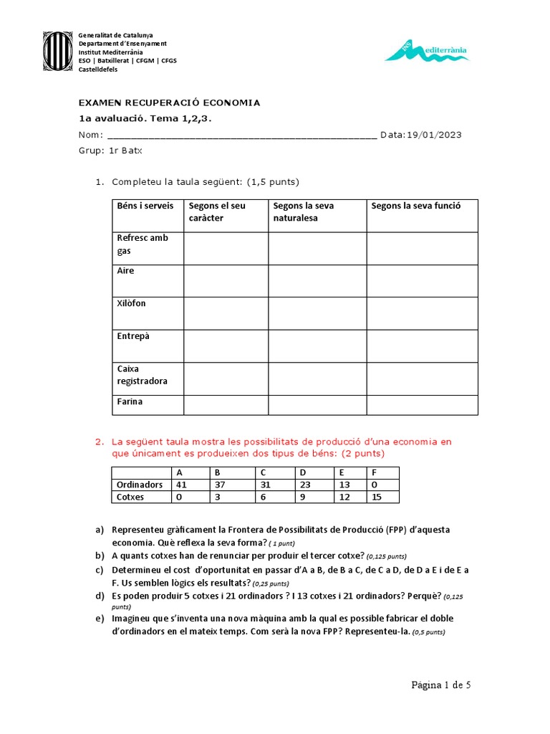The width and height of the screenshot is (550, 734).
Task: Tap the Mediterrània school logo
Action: (x=427, y=50)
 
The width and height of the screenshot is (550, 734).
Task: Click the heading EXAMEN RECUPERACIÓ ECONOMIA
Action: (x=169, y=103)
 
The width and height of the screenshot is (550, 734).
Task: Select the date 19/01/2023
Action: (x=433, y=135)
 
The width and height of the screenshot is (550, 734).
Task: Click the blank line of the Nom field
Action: (x=241, y=135)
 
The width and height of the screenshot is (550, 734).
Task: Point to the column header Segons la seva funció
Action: (x=415, y=206)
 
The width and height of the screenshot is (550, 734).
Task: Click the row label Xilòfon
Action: (x=131, y=303)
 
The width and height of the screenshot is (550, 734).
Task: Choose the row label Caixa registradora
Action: (x=142, y=375)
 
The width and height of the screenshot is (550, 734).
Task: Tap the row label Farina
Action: (x=130, y=401)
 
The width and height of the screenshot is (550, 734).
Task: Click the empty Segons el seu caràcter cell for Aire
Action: (x=226, y=280)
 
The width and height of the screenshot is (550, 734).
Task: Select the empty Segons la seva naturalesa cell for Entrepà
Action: (x=317, y=345)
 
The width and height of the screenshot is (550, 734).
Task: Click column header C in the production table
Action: (x=263, y=473)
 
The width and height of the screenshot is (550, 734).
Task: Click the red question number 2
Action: (x=100, y=442)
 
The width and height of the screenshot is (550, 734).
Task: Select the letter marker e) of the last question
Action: (x=100, y=618)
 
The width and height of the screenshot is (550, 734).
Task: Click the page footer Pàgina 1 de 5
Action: (x=440, y=685)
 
